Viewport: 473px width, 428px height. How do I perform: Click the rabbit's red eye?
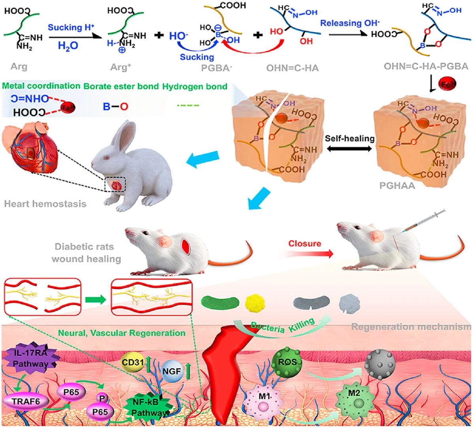pyautogui.click(x=106, y=158)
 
